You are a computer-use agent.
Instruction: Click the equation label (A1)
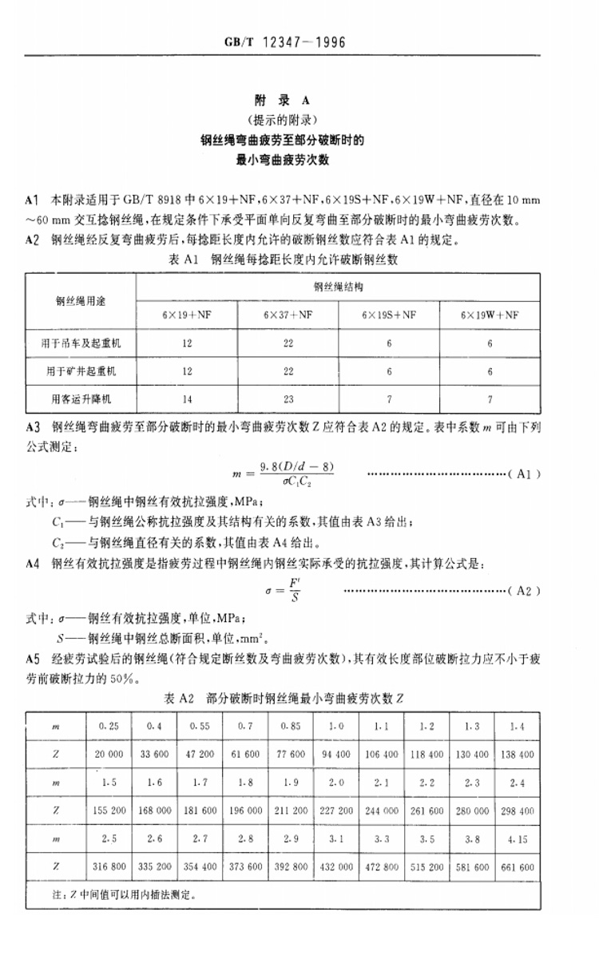click(x=525, y=474)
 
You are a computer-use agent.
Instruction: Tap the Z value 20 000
click(x=109, y=753)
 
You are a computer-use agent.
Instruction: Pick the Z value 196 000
click(x=245, y=810)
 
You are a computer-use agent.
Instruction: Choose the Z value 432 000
click(x=335, y=866)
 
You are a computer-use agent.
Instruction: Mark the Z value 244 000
click(x=381, y=810)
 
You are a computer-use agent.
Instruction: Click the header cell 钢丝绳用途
click(x=81, y=300)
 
